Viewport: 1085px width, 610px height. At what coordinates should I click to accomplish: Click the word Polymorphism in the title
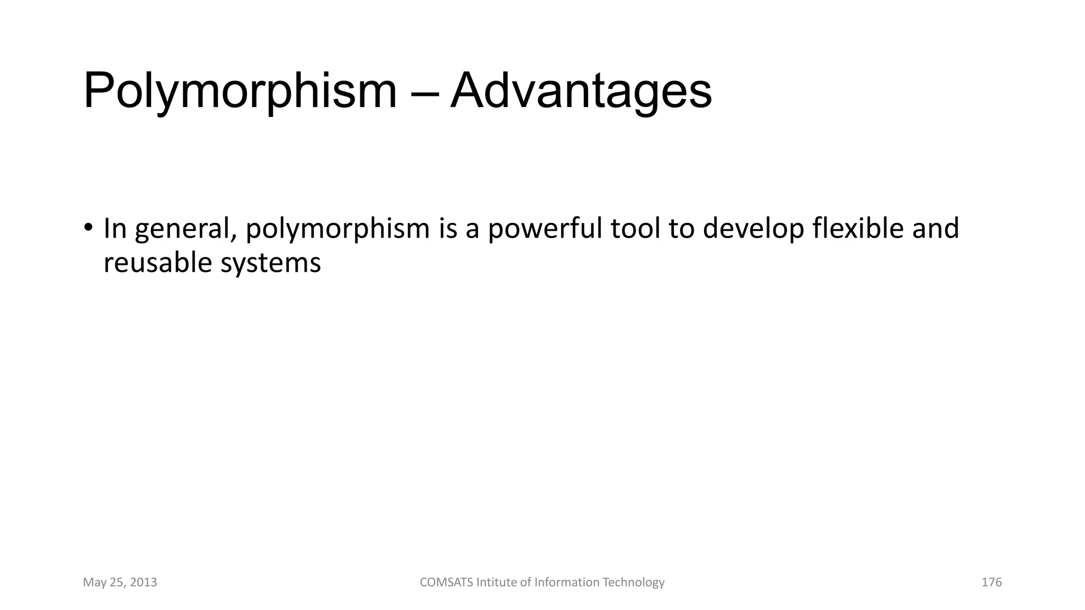239,91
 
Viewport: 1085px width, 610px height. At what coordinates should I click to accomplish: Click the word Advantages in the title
581,91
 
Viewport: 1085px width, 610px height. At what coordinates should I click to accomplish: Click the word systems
271,264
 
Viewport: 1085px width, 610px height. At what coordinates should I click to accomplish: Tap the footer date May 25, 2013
120,582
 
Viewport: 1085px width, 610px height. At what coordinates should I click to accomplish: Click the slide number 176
991,582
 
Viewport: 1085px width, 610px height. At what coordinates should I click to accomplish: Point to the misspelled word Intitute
496,582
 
